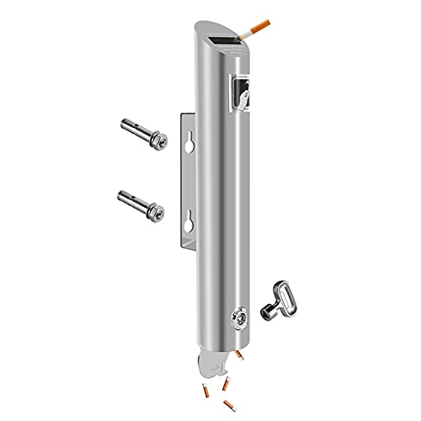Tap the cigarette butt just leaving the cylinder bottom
[x=241, y=359]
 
